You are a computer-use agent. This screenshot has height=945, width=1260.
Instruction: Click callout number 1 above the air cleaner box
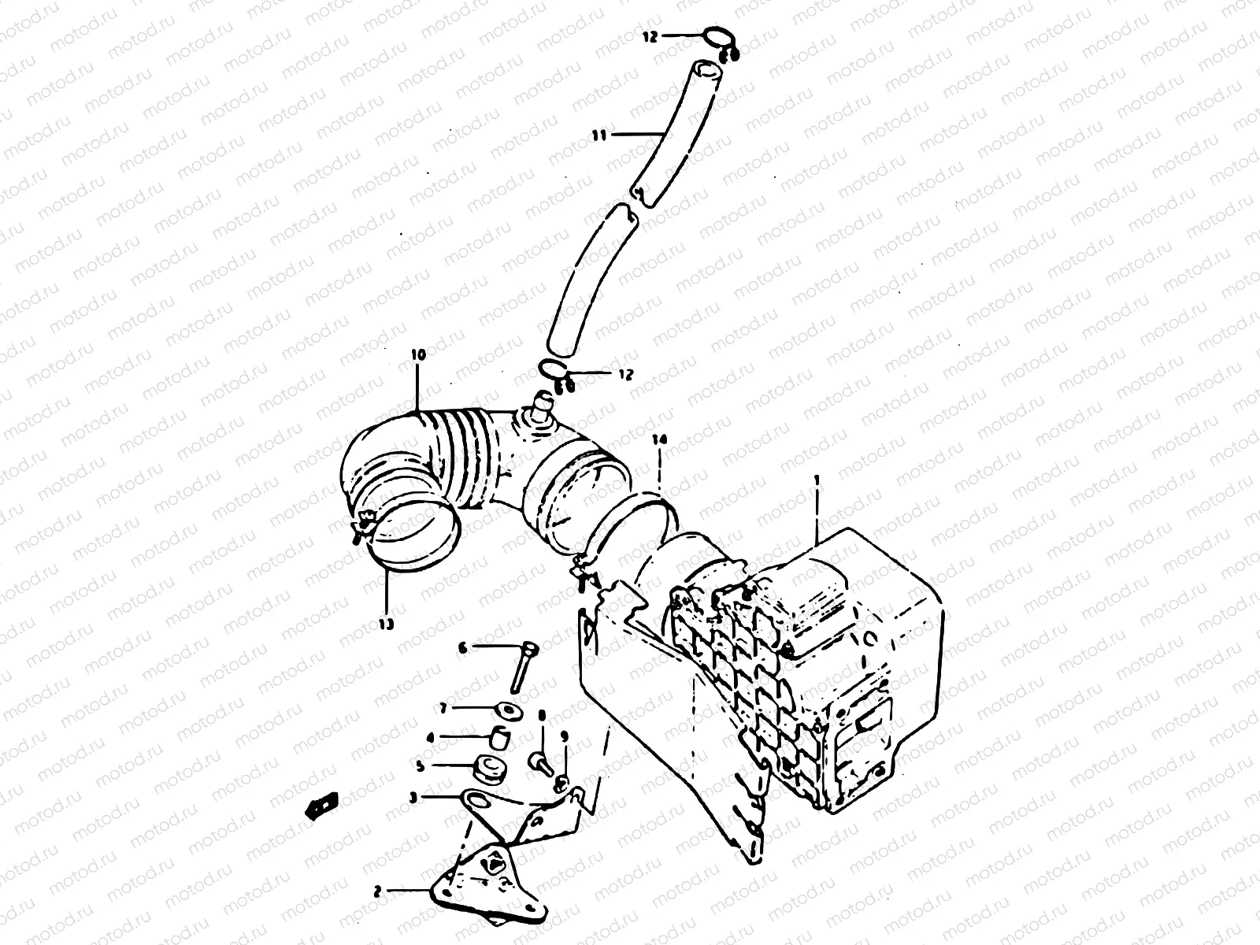(x=817, y=478)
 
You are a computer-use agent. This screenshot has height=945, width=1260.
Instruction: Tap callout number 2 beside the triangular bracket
(x=377, y=891)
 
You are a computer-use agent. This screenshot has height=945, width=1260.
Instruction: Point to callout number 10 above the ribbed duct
(x=417, y=356)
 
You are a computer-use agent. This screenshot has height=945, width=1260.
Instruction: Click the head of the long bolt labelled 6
(x=532, y=650)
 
